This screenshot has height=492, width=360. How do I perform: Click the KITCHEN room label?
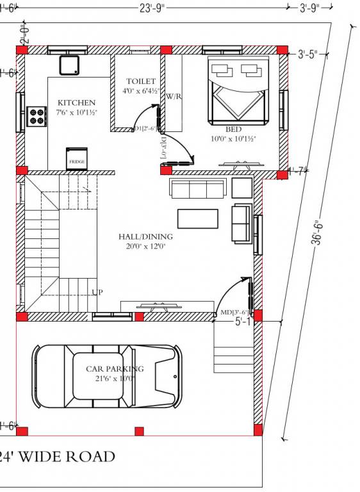coord(76,103)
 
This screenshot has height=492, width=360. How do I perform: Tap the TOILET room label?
coord(141,81)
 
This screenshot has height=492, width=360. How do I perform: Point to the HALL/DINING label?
coord(145,236)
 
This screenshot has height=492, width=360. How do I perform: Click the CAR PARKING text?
coord(115,369)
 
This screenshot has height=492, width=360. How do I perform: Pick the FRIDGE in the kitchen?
coord(77,160)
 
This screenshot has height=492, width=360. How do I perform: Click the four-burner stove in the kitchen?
coord(37,116)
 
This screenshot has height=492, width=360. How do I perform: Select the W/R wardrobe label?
coord(174,96)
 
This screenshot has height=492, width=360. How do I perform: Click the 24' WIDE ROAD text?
coord(58,457)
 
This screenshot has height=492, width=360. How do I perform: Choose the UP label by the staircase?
coord(97,292)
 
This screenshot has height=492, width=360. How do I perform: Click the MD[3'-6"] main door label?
coord(234,313)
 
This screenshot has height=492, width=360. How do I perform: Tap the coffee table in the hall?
coord(197,218)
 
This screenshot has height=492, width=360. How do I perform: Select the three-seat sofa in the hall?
coord(197,188)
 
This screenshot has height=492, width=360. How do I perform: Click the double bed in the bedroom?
coord(235,91)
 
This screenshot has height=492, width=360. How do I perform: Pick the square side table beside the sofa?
coord(241,188)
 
